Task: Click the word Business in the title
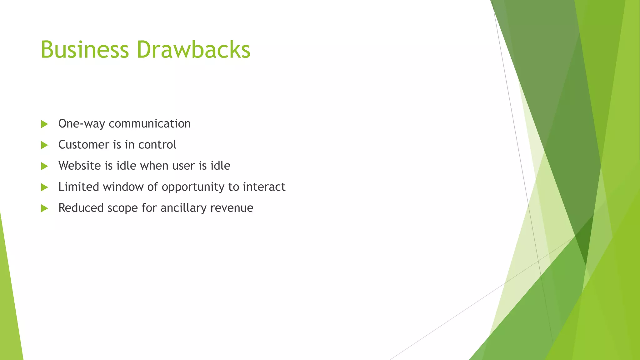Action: [x=85, y=49]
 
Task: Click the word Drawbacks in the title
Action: [x=193, y=49]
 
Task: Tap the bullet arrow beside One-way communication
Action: [x=44, y=124]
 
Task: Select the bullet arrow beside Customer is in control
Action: [x=44, y=145]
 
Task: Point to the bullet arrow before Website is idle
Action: [x=44, y=166]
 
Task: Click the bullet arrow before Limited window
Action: [x=44, y=187]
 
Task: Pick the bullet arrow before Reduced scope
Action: [x=44, y=208]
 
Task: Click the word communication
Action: [x=150, y=124]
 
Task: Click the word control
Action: [x=157, y=145]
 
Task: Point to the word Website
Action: [x=80, y=166]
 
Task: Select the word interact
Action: [x=264, y=187]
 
